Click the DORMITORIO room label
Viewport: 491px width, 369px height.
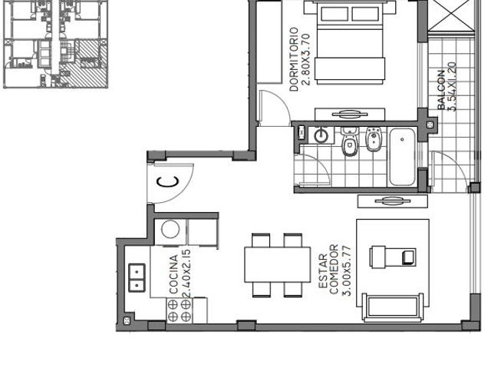pos(294,59)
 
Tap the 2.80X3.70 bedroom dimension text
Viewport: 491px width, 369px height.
pos(305,59)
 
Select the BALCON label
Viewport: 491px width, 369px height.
pos(441,90)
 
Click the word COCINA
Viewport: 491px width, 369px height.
pos(173,274)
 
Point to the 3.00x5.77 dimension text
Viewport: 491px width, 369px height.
pos(346,271)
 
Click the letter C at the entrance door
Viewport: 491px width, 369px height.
pos(168,182)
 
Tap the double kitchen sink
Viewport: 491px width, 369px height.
pos(137,278)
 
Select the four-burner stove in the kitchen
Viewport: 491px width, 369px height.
pos(179,311)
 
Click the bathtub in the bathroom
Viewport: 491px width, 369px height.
pos(402,157)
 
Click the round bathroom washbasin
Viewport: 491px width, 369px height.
pos(321,135)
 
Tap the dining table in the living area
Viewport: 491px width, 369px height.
pos(278,264)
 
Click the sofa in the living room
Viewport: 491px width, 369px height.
pos(393,307)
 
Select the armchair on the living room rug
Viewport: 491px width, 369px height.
pos(393,258)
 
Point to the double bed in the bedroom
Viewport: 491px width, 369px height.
pos(350,43)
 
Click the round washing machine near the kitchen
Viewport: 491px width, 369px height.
pos(170,229)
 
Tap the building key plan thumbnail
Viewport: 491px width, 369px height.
pos(56,44)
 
